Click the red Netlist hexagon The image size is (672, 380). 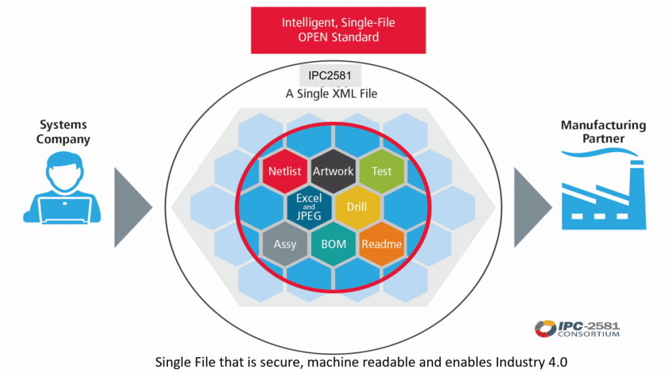[285, 171]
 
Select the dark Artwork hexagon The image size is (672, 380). [333, 171]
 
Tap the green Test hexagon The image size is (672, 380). [381, 171]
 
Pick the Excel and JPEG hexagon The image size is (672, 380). [308, 207]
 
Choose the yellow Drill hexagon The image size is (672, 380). [357, 207]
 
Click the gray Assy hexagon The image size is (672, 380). [285, 244]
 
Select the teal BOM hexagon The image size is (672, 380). [333, 244]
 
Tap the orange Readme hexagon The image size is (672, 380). [381, 244]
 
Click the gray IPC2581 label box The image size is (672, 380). [329, 75]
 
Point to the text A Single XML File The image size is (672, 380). [331, 94]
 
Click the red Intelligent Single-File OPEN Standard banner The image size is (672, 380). [338, 30]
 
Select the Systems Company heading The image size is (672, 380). [63, 132]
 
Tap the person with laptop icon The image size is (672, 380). [63, 187]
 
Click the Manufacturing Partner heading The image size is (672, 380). [602, 132]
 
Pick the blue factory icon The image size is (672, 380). [604, 197]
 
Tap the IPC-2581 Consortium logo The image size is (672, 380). [577, 328]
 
